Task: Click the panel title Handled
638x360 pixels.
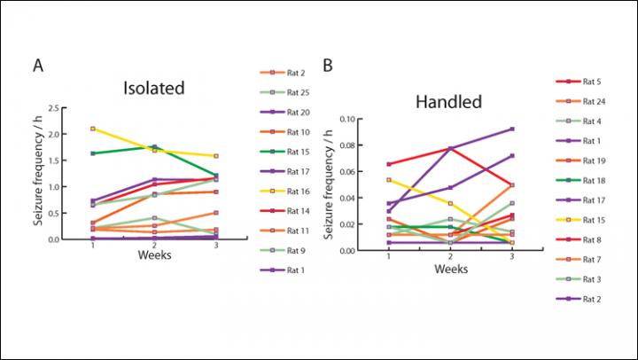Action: click(x=448, y=102)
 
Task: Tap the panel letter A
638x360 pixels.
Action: click(x=38, y=66)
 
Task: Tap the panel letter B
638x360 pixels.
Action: click(x=328, y=66)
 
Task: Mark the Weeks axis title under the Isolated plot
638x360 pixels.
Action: click(x=155, y=256)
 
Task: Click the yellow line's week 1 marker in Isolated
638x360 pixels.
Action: click(x=92, y=129)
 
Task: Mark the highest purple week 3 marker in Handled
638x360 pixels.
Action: click(x=512, y=129)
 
